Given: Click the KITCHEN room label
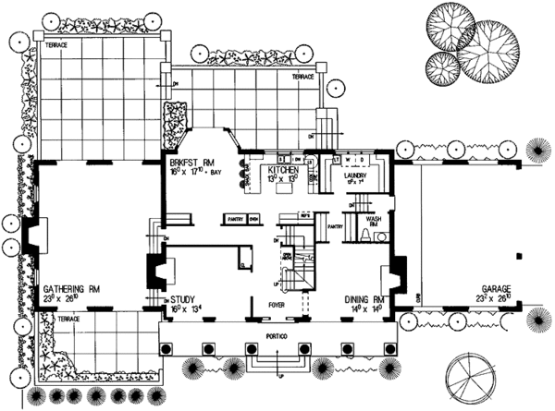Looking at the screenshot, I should click(x=282, y=172).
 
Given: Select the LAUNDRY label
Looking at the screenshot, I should click(x=356, y=172).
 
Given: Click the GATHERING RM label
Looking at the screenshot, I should click(x=70, y=288).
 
